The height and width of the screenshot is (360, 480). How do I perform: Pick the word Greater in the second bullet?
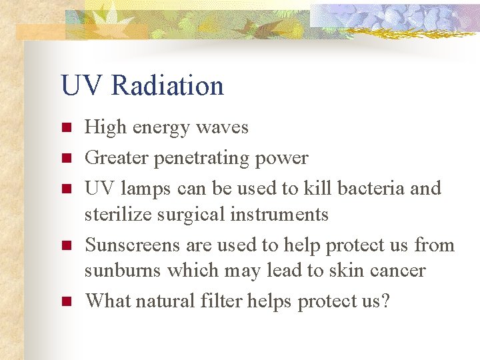pyautogui.click(x=117, y=158)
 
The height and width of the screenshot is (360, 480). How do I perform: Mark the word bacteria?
pyautogui.click(x=371, y=188)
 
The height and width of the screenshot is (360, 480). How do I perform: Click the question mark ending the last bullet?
pyautogui.click(x=385, y=301)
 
